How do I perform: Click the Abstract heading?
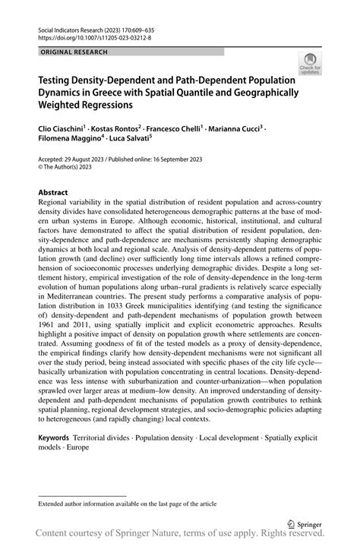click(x=53, y=193)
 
